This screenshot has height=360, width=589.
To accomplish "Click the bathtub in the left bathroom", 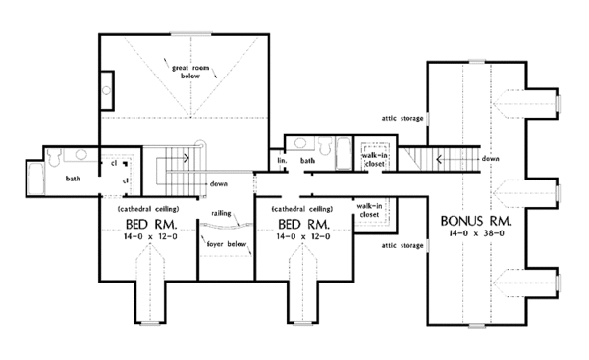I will pos(35,178).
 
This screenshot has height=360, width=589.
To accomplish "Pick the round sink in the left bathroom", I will pos(81,156).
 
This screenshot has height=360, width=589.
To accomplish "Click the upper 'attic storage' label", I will pos(403,119).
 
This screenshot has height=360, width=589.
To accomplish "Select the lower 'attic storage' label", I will pos(403,245).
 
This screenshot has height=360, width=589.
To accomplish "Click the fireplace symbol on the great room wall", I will pos(107,93).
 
